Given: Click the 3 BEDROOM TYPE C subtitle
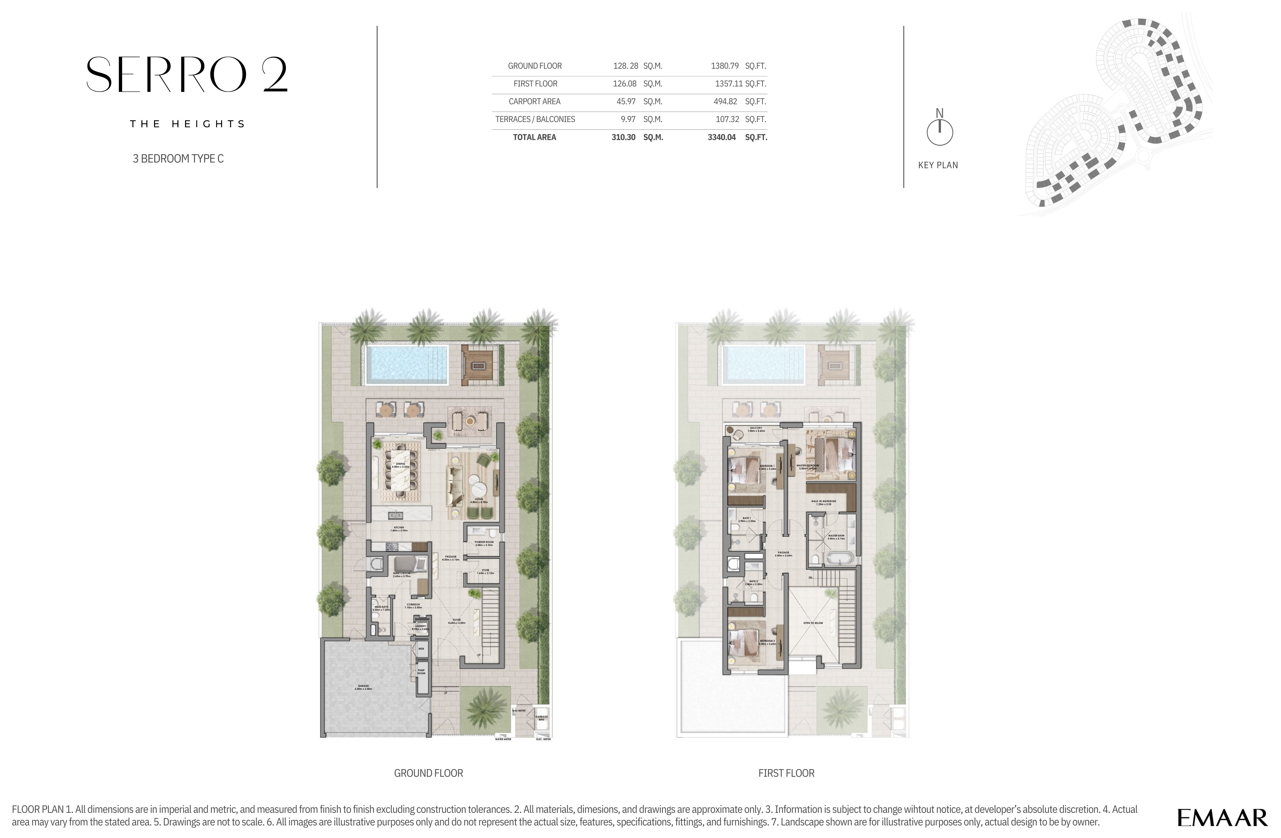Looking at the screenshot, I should (x=178, y=158).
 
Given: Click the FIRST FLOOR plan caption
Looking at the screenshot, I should (x=786, y=773).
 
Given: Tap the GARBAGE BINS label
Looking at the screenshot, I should (x=541, y=717).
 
